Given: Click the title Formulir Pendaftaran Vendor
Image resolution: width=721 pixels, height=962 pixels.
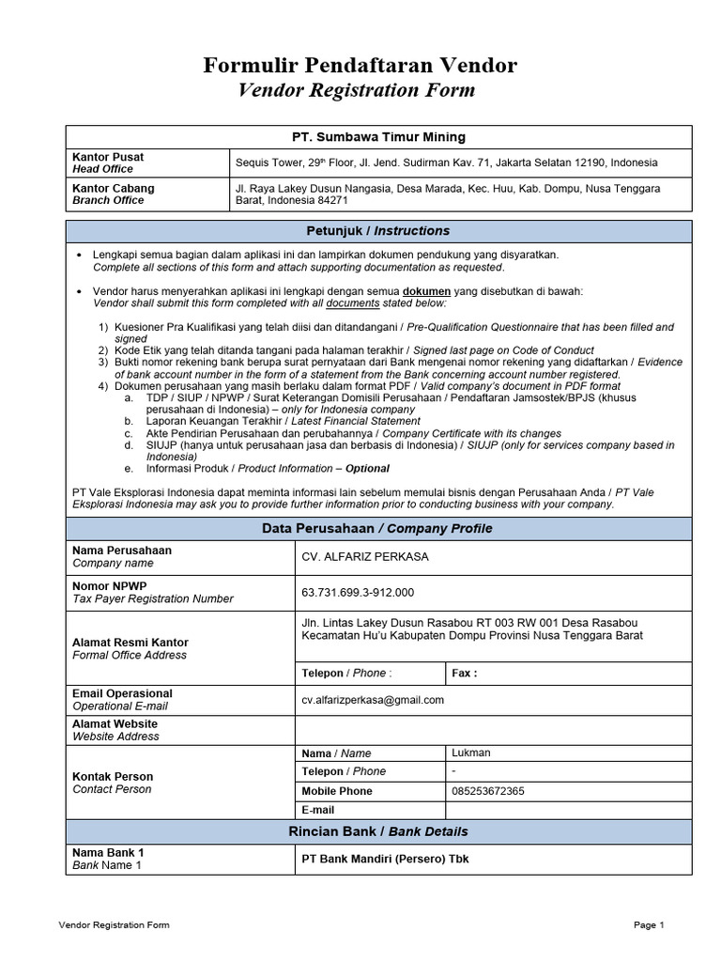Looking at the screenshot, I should pos(360,65).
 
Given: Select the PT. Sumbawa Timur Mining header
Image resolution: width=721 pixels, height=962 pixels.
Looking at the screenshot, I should pos(378,137).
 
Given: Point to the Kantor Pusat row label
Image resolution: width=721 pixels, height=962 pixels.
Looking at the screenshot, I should pos(108,157).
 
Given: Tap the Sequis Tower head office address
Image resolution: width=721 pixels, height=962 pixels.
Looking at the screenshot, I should pos(446,163).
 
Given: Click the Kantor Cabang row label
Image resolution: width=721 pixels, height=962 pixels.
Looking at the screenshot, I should pos(113,188).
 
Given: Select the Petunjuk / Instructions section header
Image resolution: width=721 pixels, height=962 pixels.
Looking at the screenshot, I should pos(378,231).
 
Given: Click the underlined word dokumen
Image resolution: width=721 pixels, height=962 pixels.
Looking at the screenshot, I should pos(426,292).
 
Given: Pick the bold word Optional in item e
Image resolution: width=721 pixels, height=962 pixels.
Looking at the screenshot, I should pos(367,468).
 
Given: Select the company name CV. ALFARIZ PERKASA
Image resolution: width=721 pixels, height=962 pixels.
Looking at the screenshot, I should pos(364,557).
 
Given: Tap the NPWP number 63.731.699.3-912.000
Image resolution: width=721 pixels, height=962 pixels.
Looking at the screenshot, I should pos(357,592).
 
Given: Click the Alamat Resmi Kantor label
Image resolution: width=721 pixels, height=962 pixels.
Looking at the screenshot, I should pos(130,643).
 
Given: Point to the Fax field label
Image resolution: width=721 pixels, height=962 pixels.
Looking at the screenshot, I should pos(464,674).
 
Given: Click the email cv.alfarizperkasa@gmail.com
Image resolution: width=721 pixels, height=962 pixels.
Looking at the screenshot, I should pos(372,700).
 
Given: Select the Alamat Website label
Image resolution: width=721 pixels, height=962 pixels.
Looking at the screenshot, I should pos(115,724).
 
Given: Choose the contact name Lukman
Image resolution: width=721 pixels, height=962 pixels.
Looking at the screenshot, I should pos(470,753).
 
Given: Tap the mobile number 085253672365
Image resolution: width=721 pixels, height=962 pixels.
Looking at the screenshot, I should pos(487,791).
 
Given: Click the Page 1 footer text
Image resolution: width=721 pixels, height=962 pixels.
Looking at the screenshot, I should pos(649,925).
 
